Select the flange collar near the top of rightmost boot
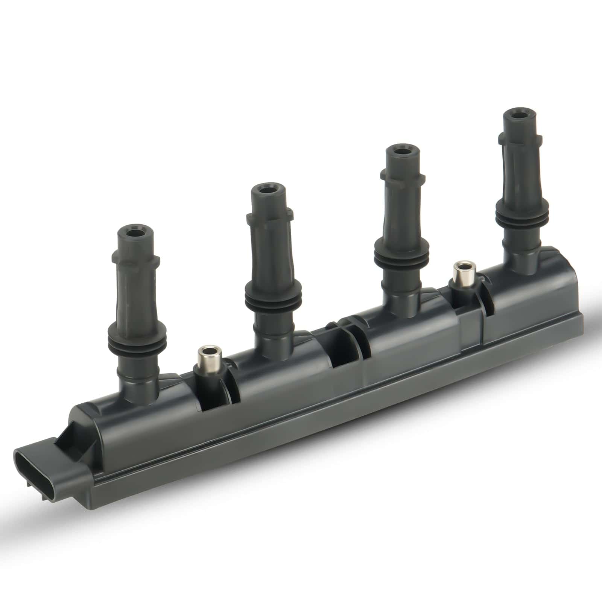[521, 138]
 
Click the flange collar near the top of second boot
[269, 217]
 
